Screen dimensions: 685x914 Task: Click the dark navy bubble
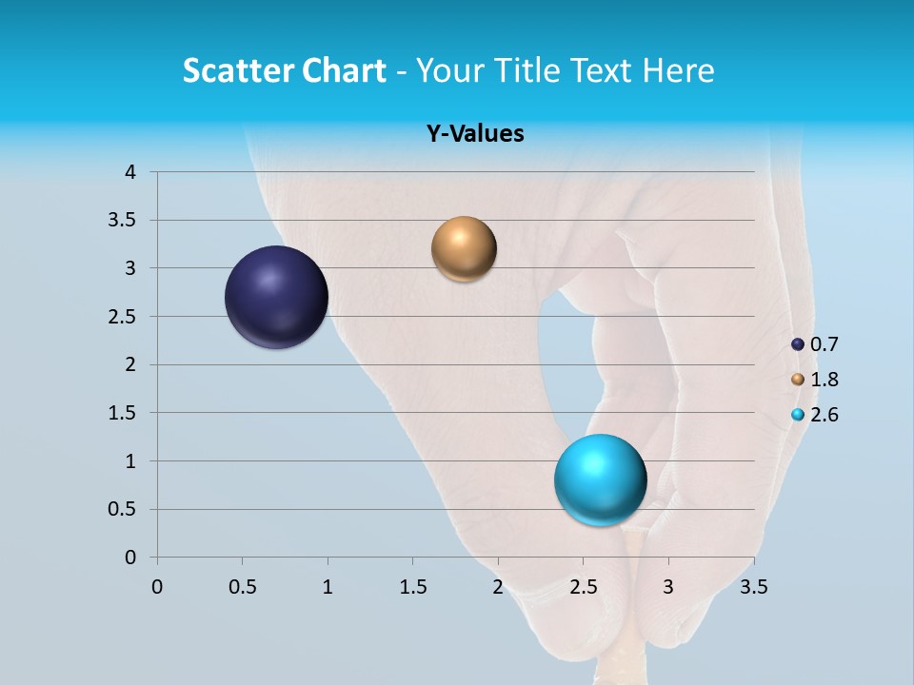click(x=276, y=297)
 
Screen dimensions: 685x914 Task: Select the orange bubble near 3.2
click(x=464, y=249)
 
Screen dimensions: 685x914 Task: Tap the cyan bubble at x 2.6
click(x=600, y=479)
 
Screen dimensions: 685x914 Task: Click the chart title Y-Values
click(x=474, y=134)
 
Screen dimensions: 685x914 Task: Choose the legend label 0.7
click(x=824, y=344)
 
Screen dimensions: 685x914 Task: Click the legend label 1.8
click(x=824, y=380)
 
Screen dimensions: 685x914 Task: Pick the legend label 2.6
click(x=824, y=415)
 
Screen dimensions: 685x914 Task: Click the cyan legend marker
click(x=798, y=415)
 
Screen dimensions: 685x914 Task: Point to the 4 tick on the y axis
click(x=130, y=172)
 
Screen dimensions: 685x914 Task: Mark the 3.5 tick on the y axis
click(x=123, y=221)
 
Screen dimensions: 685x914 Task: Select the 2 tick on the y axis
click(x=130, y=364)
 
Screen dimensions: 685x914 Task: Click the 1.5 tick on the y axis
click(x=123, y=413)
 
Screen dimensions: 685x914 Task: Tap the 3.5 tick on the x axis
click(x=753, y=587)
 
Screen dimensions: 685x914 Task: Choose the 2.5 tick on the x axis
click(x=583, y=587)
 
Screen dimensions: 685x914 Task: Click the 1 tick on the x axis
click(x=328, y=587)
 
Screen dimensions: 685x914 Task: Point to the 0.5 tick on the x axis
click(x=242, y=587)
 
